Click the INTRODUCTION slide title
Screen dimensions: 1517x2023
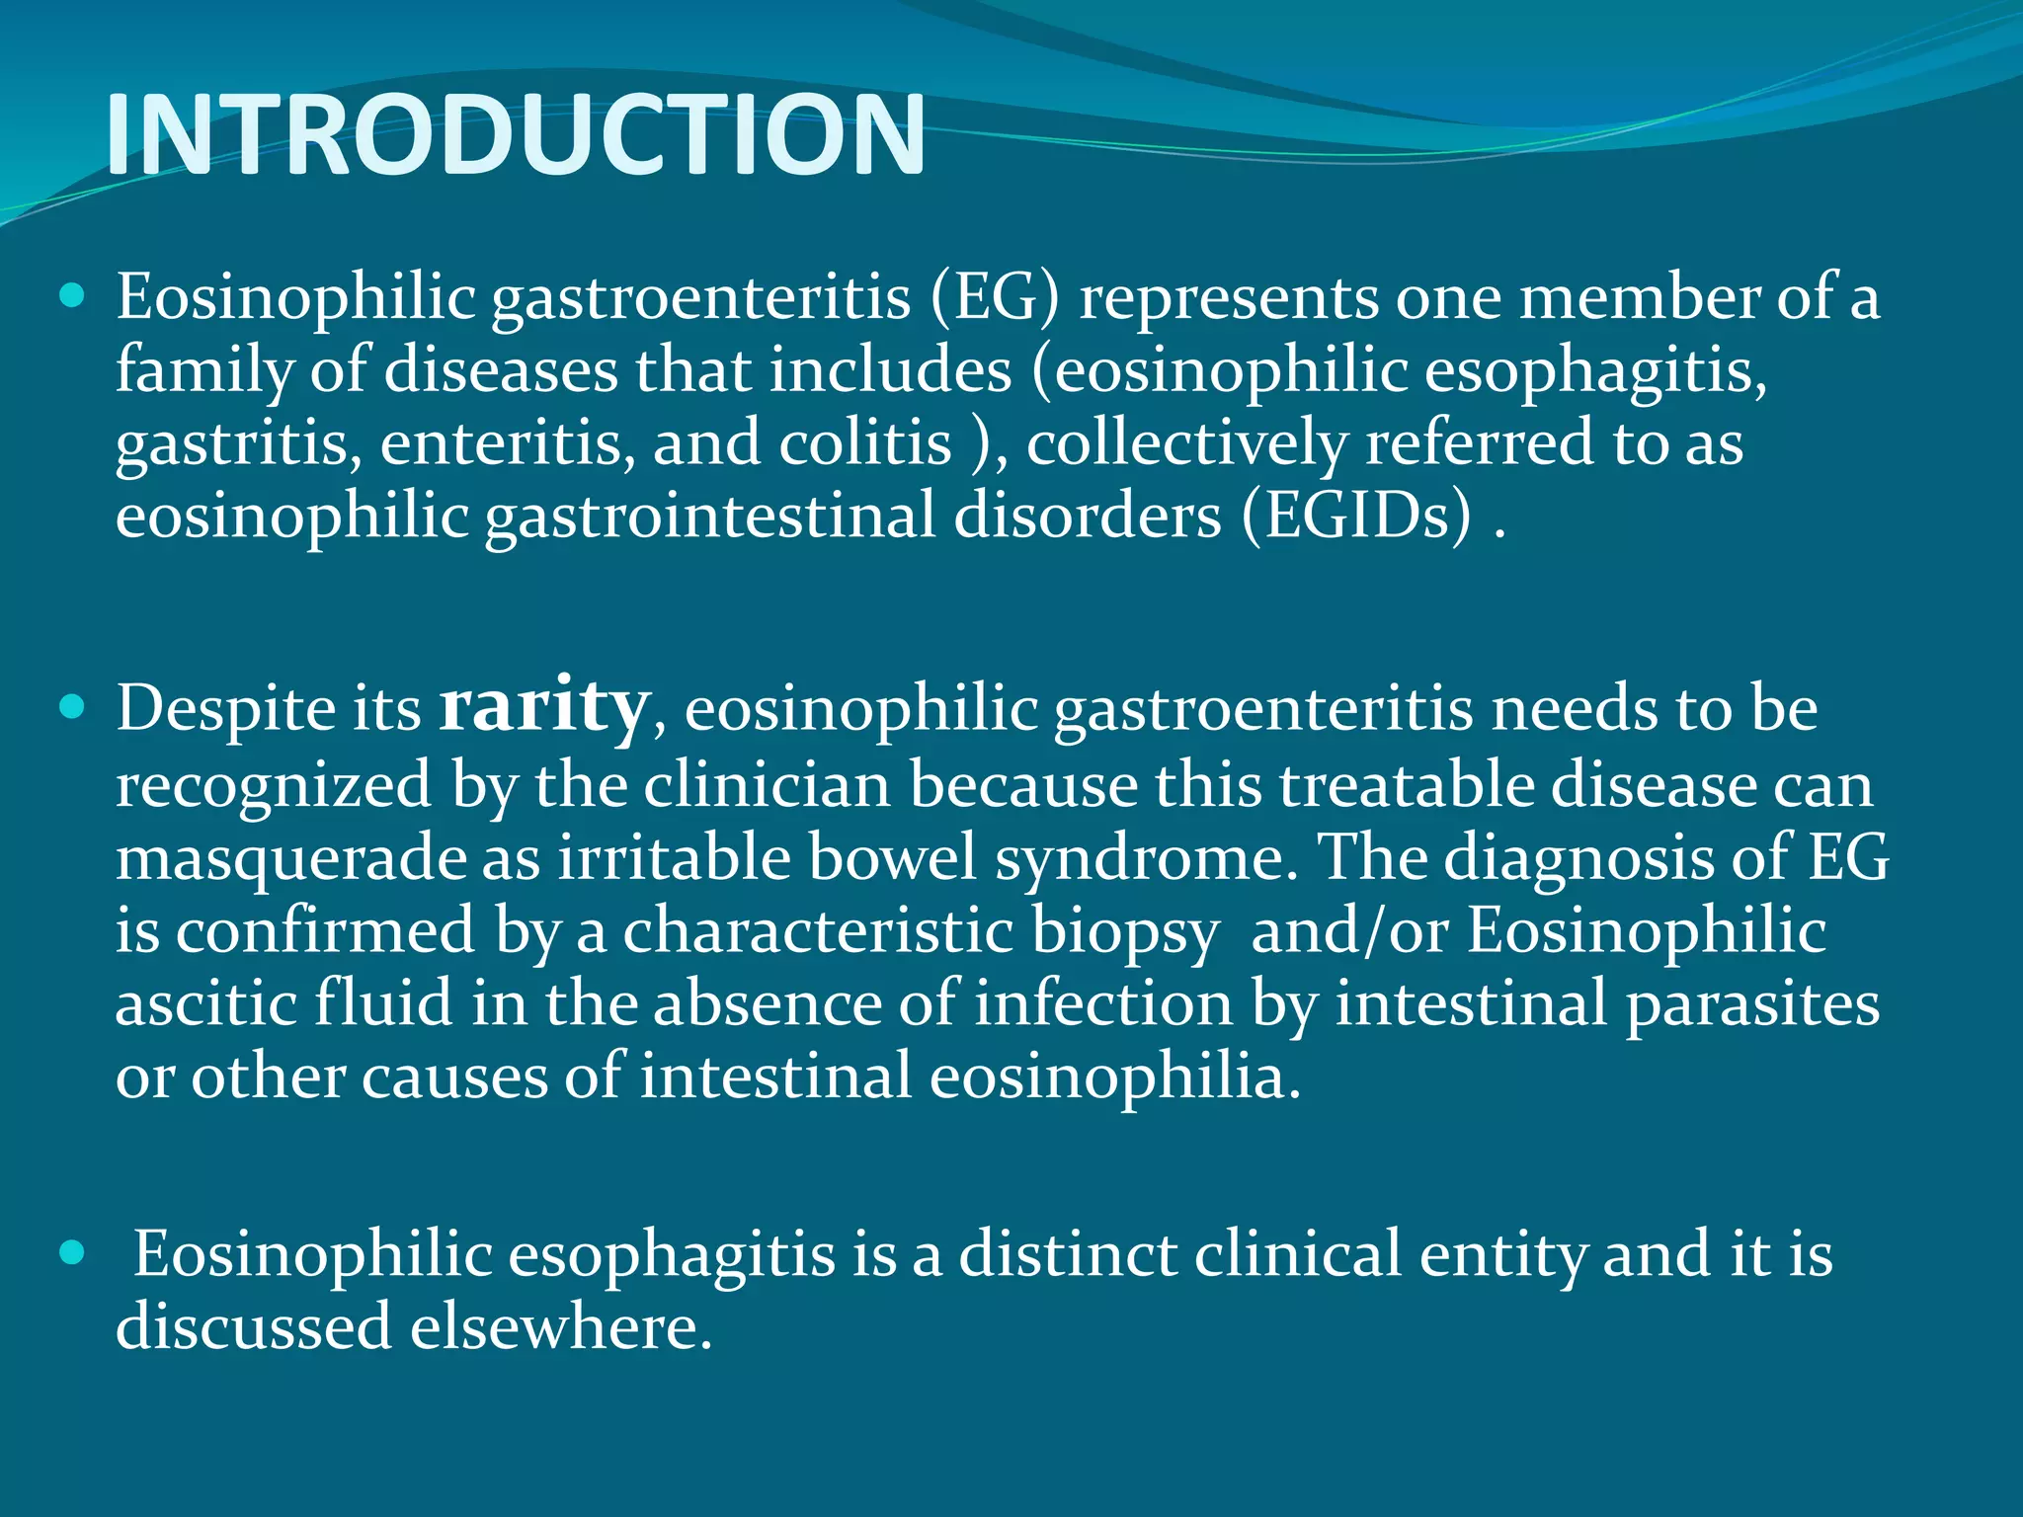coord(515,134)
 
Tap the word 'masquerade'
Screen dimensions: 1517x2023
coord(291,857)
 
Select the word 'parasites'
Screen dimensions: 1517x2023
coord(1753,1004)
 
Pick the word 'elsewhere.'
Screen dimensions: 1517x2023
coord(561,1326)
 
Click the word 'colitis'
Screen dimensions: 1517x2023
coord(865,442)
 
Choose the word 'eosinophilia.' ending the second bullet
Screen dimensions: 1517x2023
coord(1115,1077)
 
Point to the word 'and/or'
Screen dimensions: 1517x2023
coord(1349,931)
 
